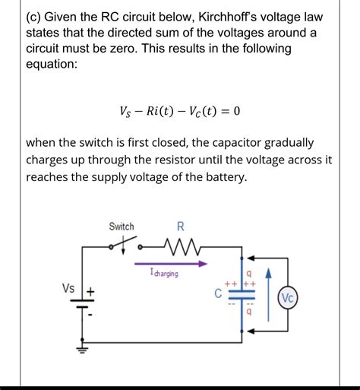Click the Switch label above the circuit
click(122, 227)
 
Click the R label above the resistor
click(180, 226)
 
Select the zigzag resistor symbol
click(179, 246)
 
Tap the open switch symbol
click(125, 246)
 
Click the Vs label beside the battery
click(68, 288)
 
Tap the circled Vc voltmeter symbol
click(289, 297)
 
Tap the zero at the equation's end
click(237, 111)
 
